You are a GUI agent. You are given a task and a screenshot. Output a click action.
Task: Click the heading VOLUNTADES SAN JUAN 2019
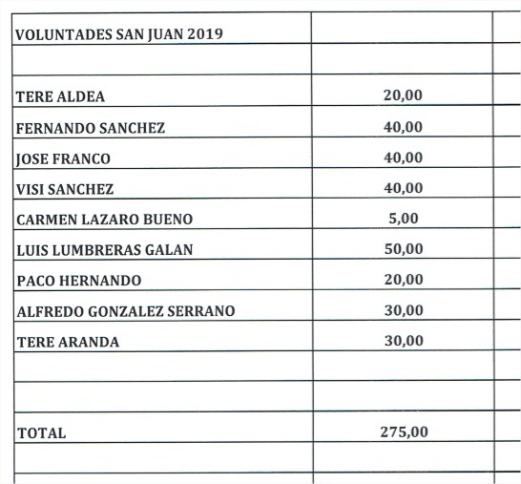(x=119, y=34)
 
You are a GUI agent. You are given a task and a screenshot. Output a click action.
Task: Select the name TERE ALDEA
(x=60, y=96)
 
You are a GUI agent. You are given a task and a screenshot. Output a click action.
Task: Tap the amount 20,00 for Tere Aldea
(x=403, y=95)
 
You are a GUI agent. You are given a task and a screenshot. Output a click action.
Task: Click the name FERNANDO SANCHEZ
(x=91, y=128)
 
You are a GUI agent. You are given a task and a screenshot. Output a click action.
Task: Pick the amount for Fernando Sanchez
(x=403, y=126)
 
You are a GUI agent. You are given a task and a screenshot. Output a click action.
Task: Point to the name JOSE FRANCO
(x=63, y=158)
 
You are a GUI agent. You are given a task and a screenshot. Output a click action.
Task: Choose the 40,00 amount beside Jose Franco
(x=403, y=157)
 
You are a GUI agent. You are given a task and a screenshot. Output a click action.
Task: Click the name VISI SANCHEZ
(x=65, y=189)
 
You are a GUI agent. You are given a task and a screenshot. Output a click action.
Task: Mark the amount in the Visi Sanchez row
(x=403, y=187)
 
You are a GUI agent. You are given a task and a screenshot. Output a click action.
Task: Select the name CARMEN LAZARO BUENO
(x=104, y=220)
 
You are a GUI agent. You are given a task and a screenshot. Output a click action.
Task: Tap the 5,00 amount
(x=404, y=218)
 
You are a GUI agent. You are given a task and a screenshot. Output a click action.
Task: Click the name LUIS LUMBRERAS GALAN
(x=105, y=250)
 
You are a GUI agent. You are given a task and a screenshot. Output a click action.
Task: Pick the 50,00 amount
(x=403, y=248)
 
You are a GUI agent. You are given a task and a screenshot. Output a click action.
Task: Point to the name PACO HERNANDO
(x=79, y=281)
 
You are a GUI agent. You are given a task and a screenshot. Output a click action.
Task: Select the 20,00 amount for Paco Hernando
(x=403, y=279)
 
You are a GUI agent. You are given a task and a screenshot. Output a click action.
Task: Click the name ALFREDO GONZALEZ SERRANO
(x=125, y=311)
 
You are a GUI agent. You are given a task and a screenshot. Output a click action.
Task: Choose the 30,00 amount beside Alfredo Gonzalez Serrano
(x=403, y=309)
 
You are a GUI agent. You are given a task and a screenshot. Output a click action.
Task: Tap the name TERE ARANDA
(x=68, y=342)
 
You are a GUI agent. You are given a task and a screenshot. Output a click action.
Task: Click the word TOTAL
(x=41, y=433)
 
